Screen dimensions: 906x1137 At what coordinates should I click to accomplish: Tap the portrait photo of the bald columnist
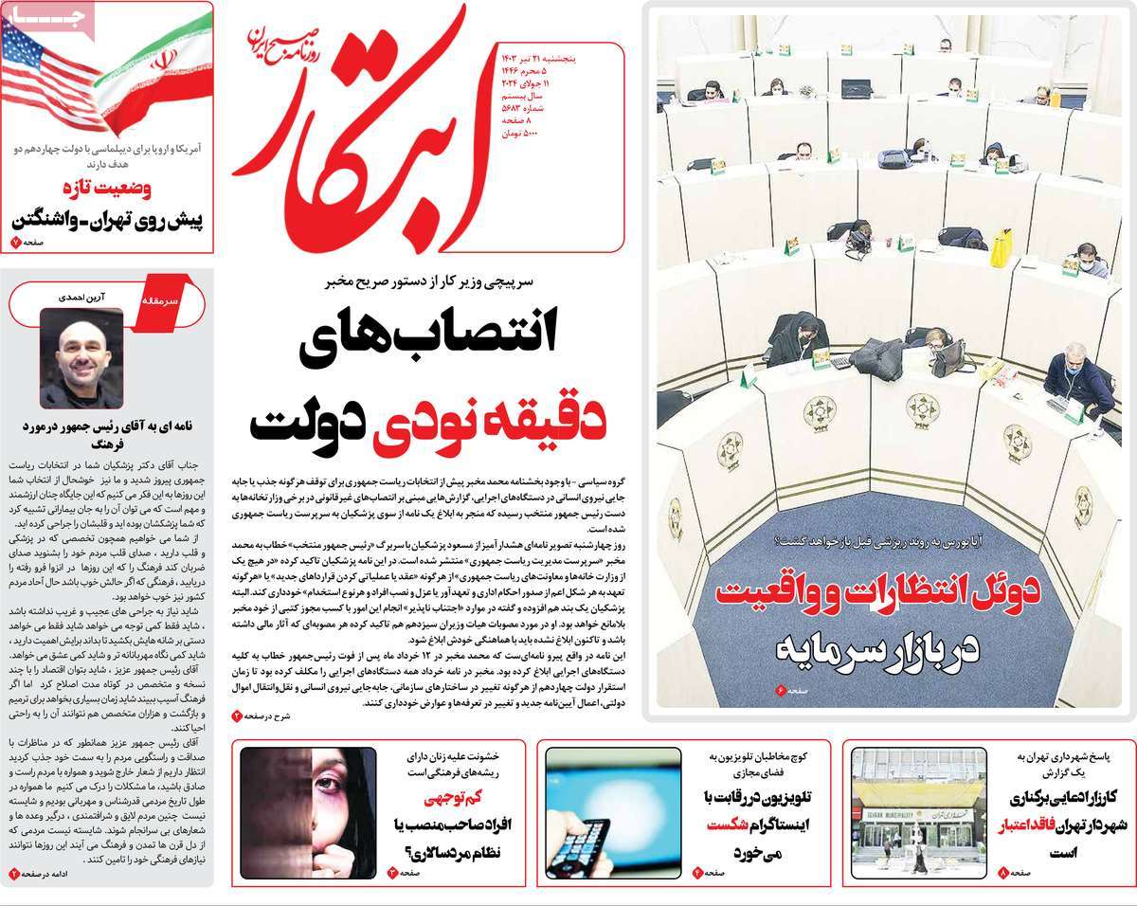(81, 357)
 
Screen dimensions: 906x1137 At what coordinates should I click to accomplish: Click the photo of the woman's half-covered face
(309, 813)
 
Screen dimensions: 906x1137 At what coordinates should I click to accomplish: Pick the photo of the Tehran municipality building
(919, 810)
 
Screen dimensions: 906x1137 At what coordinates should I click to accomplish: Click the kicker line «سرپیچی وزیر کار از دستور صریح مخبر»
(434, 282)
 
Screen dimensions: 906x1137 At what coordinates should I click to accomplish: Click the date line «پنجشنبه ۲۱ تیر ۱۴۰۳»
(536, 58)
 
